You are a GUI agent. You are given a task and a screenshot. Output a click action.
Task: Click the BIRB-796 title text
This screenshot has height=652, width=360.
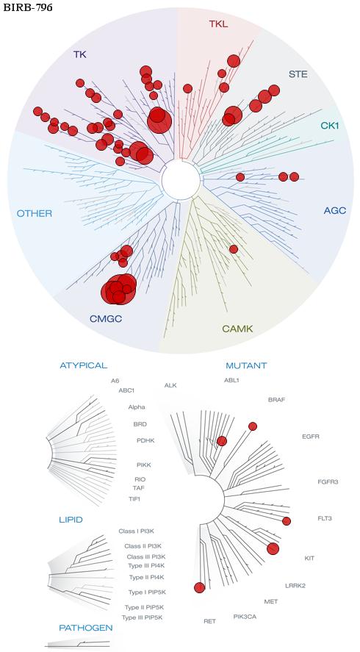tap(28, 7)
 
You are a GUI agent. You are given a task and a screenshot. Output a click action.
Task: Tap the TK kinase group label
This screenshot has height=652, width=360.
tap(80, 54)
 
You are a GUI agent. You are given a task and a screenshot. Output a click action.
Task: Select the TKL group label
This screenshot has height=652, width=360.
tap(219, 24)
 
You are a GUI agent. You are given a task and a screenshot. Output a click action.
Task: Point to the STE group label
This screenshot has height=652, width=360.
tap(298, 74)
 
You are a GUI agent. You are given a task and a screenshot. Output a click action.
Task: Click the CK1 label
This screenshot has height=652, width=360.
tap(330, 125)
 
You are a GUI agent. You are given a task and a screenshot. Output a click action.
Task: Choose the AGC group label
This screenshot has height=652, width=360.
tap(334, 210)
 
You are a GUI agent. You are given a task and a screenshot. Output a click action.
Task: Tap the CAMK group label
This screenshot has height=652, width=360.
tap(237, 329)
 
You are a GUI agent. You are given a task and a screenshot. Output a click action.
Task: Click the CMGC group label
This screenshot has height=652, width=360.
tap(106, 319)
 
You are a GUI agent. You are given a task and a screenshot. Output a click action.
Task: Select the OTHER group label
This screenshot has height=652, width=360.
tap(35, 214)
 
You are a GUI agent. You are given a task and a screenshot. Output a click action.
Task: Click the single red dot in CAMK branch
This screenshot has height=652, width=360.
tap(234, 249)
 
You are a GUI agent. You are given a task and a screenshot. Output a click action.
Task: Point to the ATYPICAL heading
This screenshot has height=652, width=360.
tap(84, 365)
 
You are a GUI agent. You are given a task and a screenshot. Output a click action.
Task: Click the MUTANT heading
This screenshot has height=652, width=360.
tap(246, 366)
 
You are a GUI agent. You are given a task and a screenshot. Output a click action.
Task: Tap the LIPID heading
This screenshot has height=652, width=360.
tap(71, 520)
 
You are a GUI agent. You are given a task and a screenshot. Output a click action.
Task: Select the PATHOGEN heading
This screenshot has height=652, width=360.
tap(86, 628)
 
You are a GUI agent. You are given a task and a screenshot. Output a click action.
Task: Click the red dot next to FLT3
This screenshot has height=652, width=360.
tap(287, 521)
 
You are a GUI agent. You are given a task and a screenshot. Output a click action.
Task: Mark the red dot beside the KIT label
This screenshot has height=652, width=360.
tap(273, 549)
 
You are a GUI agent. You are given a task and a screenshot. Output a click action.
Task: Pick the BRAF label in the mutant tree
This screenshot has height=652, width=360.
tap(276, 400)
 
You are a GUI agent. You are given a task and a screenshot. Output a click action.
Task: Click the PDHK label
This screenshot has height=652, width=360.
tap(145, 440)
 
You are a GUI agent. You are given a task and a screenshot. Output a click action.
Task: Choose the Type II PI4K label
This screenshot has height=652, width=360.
tap(147, 577)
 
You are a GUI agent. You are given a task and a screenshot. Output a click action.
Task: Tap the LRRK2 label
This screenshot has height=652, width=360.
tap(295, 586)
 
